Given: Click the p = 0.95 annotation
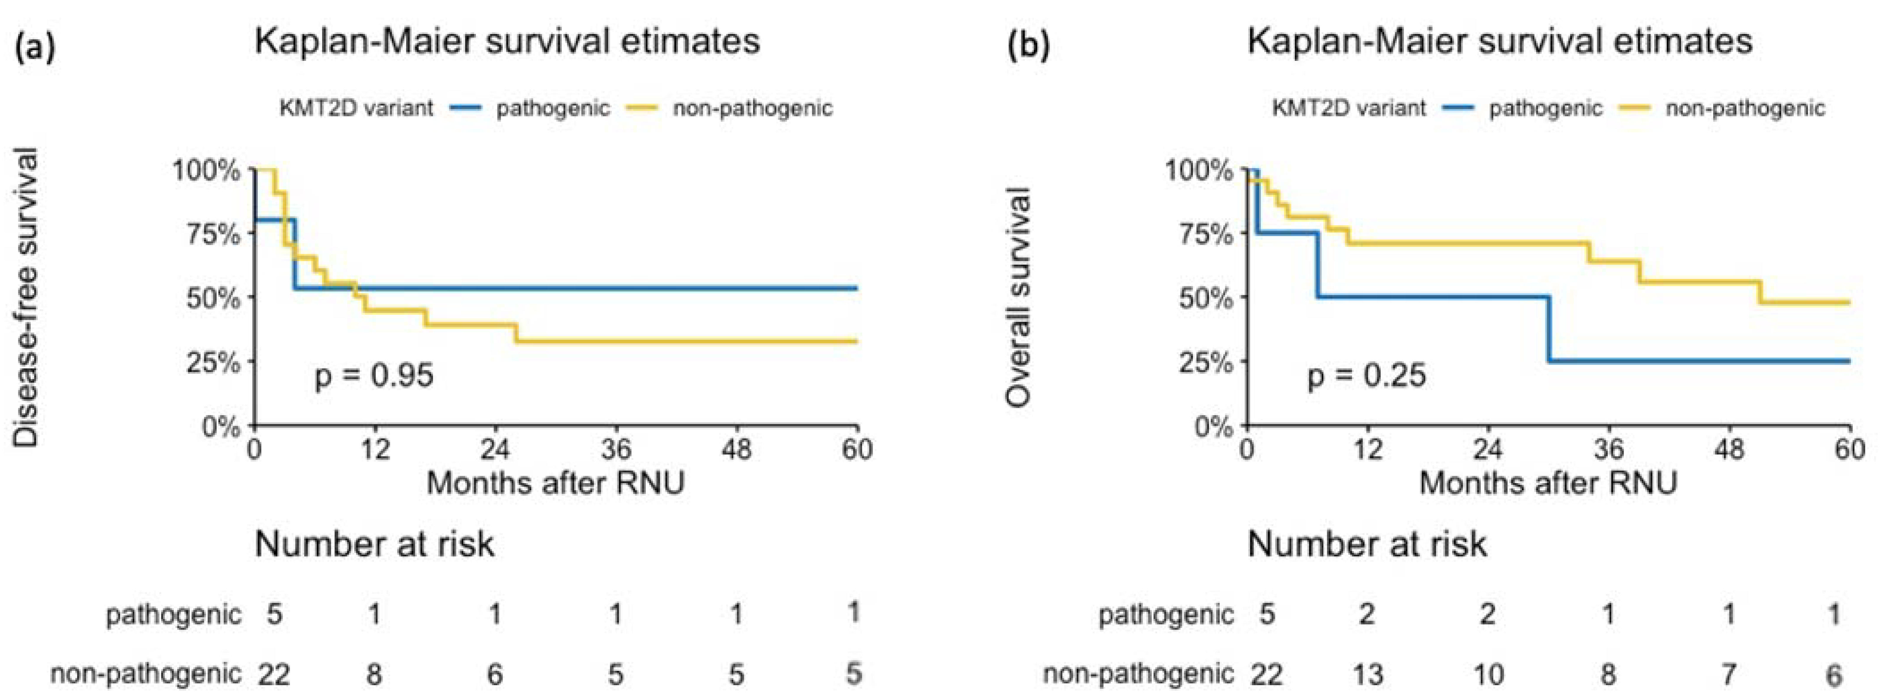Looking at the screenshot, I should (374, 375).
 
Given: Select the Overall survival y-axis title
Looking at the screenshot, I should (1020, 298).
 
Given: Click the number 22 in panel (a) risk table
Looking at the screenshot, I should (273, 674).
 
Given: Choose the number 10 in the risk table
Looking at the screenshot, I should (1488, 674).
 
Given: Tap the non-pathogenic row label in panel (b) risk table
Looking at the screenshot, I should (1138, 674).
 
